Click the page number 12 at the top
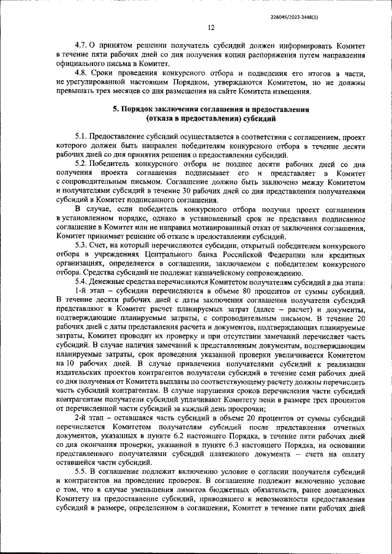click(210, 28)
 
